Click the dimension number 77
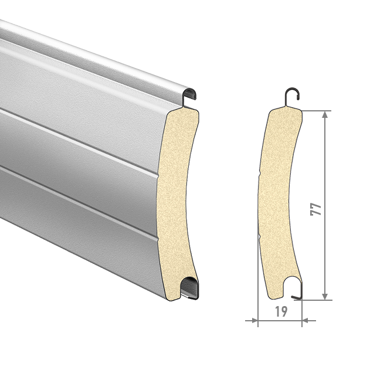coord(316,209)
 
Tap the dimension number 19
coord(281,312)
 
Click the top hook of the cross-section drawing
coord(292,93)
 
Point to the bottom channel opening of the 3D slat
coord(189,287)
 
